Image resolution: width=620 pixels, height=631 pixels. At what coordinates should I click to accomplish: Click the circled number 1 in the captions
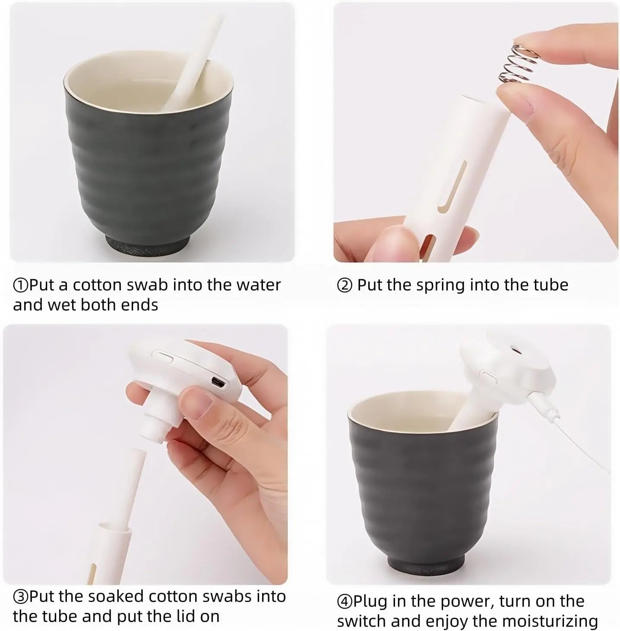pos(20,285)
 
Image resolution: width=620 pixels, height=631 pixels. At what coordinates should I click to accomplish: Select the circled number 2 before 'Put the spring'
pos(344,286)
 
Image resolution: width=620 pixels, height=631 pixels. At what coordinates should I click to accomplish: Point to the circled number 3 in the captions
pos(20,597)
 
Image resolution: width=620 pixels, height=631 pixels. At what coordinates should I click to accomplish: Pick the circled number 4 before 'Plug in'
pos(344,601)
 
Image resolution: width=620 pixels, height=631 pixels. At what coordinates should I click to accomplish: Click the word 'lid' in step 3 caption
pos(182,616)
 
